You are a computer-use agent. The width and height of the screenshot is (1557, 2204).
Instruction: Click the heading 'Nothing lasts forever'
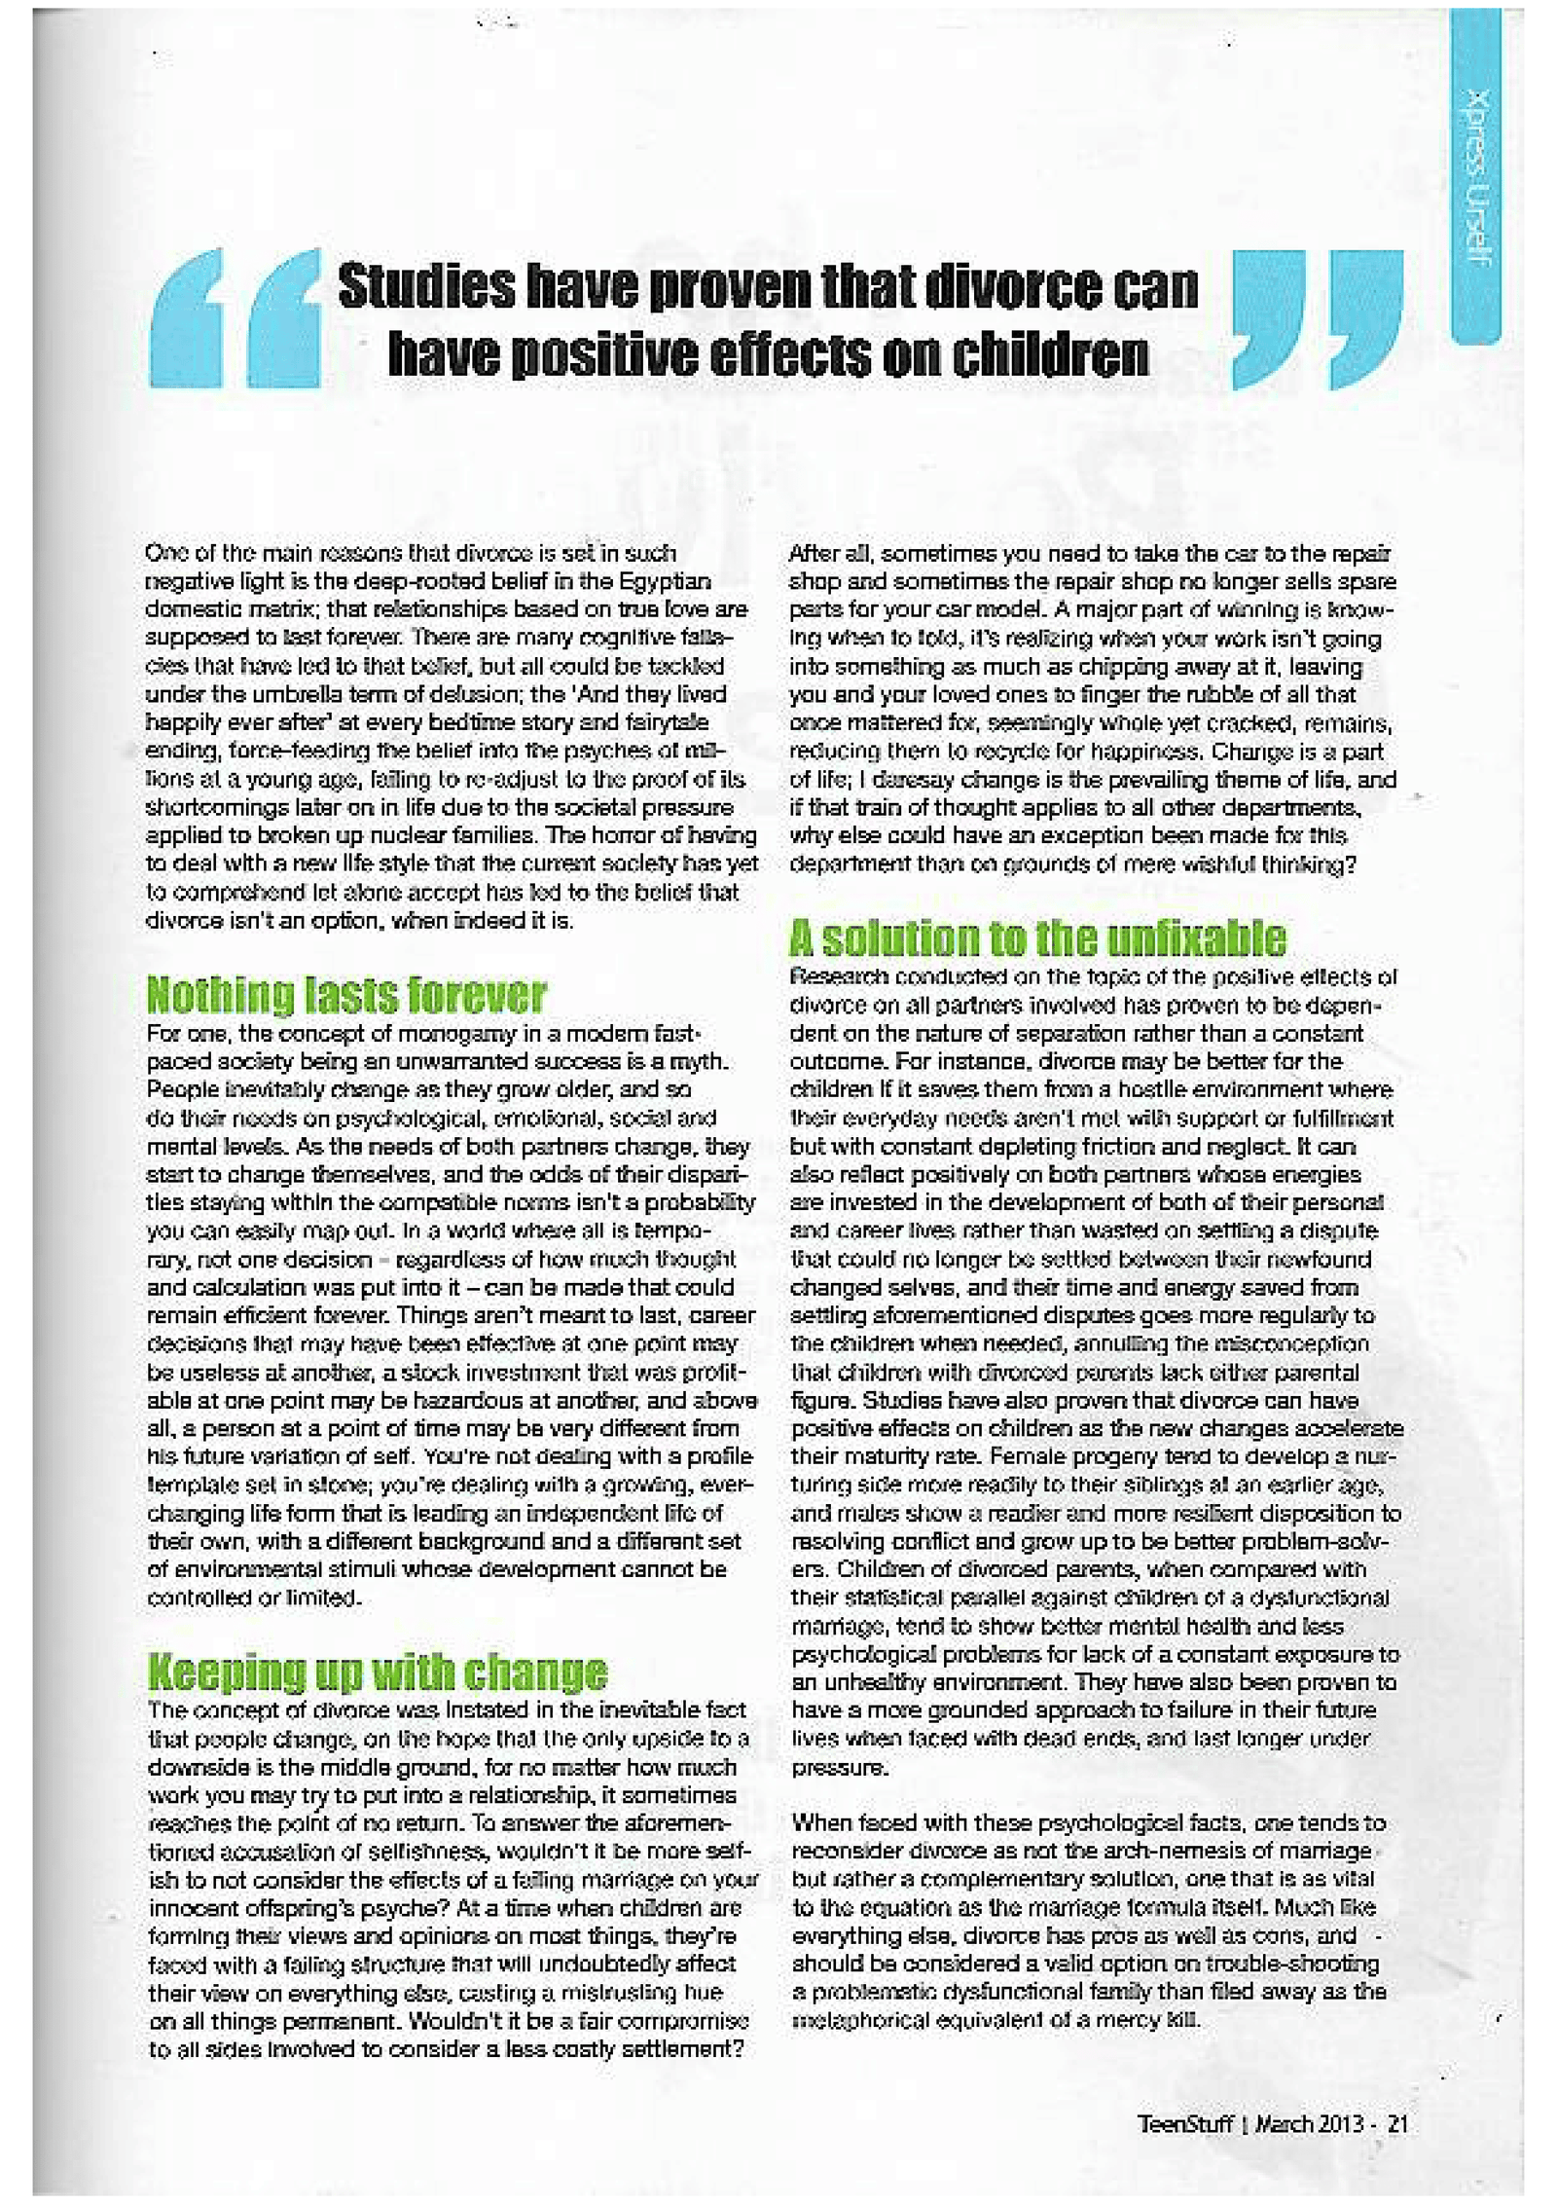coord(345,995)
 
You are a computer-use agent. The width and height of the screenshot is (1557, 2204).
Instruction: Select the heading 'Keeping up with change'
coord(377,1671)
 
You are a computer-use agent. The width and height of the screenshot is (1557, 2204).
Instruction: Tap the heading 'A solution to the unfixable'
coord(1037,938)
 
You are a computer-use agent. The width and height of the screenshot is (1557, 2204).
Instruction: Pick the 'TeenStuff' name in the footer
coord(1185,2124)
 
